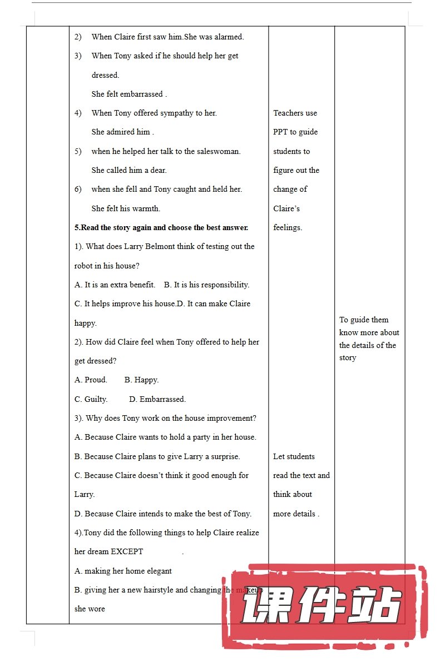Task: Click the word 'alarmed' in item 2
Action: (228, 37)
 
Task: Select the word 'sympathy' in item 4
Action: (177, 113)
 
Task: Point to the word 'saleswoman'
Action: (219, 151)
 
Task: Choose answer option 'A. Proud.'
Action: (91, 380)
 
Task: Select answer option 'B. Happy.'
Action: (141, 380)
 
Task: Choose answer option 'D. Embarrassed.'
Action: (157, 399)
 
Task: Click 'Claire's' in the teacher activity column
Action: (286, 208)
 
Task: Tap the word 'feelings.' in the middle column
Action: (288, 227)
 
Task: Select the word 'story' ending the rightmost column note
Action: (348, 358)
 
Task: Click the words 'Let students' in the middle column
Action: (294, 456)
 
